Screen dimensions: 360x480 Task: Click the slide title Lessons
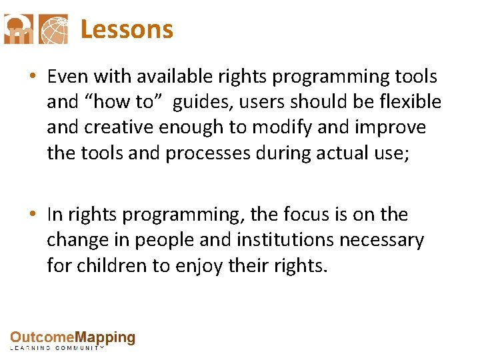tap(127, 29)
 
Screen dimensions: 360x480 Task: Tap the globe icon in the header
tap(53, 29)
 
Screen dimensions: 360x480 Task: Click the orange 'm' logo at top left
tap(19, 29)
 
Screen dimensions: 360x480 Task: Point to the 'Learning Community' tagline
tap(57, 348)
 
